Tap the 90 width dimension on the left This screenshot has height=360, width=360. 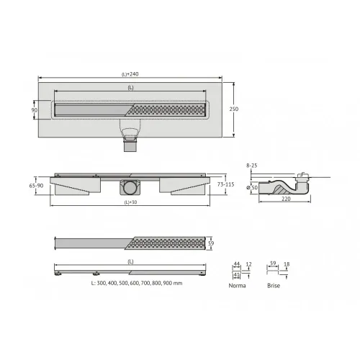pyautogui.click(x=34, y=110)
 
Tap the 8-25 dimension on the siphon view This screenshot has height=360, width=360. pyautogui.click(x=251, y=165)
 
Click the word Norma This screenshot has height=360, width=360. pyautogui.click(x=237, y=286)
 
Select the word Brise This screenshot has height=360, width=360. pyautogui.click(x=273, y=286)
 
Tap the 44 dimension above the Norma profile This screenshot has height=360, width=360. pyautogui.click(x=235, y=264)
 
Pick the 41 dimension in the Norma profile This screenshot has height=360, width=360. pyautogui.click(x=235, y=274)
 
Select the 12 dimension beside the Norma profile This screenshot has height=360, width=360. pyautogui.click(x=249, y=264)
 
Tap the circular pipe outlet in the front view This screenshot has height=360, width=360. pyautogui.click(x=130, y=187)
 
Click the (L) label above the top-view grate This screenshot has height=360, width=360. pyautogui.click(x=130, y=87)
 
